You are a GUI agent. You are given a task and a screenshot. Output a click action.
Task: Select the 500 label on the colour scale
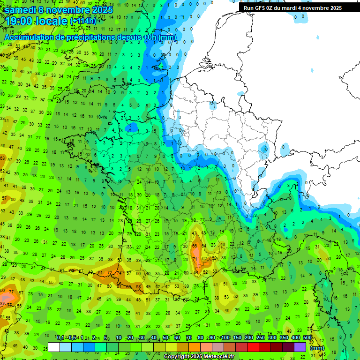click(x=307, y=337)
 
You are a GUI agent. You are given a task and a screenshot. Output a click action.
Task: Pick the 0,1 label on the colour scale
click(x=60, y=337)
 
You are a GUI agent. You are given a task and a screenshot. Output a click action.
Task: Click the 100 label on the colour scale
click(x=225, y=337)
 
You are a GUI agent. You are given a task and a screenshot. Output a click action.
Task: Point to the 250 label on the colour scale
click(x=260, y=337)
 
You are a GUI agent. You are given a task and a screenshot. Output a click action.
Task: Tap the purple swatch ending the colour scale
click(x=300, y=347)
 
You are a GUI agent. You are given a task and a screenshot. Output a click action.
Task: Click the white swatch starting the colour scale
click(x=54, y=347)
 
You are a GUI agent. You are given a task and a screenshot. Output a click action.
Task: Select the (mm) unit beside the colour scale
click(x=317, y=348)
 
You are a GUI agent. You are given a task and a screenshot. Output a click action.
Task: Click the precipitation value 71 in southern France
click(x=195, y=259)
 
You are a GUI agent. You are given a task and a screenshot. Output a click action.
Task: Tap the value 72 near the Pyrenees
click(x=110, y=272)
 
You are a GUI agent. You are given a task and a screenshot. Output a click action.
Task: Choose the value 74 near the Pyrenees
click(x=119, y=273)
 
